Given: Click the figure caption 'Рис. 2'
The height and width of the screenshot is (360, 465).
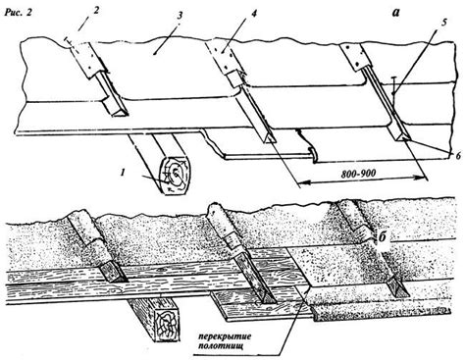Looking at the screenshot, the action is pos(19,13).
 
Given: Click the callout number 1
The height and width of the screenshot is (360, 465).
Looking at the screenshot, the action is pos(123,173).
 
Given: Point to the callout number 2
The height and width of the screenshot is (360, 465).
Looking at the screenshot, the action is pos(96,10).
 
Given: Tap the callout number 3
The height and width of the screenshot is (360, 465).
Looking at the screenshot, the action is pos(180,15).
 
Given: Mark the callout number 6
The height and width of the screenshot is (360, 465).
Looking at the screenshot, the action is pos(458,156).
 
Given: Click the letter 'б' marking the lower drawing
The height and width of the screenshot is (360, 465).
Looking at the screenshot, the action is pos(383,236).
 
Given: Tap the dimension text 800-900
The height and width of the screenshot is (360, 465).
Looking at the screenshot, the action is pos(358,174).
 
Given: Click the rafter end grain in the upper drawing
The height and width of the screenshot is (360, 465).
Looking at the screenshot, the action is pos(175,176).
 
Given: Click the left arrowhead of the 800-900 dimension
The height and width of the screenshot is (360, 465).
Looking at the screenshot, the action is pos(303,184).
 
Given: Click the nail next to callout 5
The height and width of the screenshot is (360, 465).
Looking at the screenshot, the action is pos(393,85).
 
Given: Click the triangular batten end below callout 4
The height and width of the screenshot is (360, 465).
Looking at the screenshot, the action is pos(270,139).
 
